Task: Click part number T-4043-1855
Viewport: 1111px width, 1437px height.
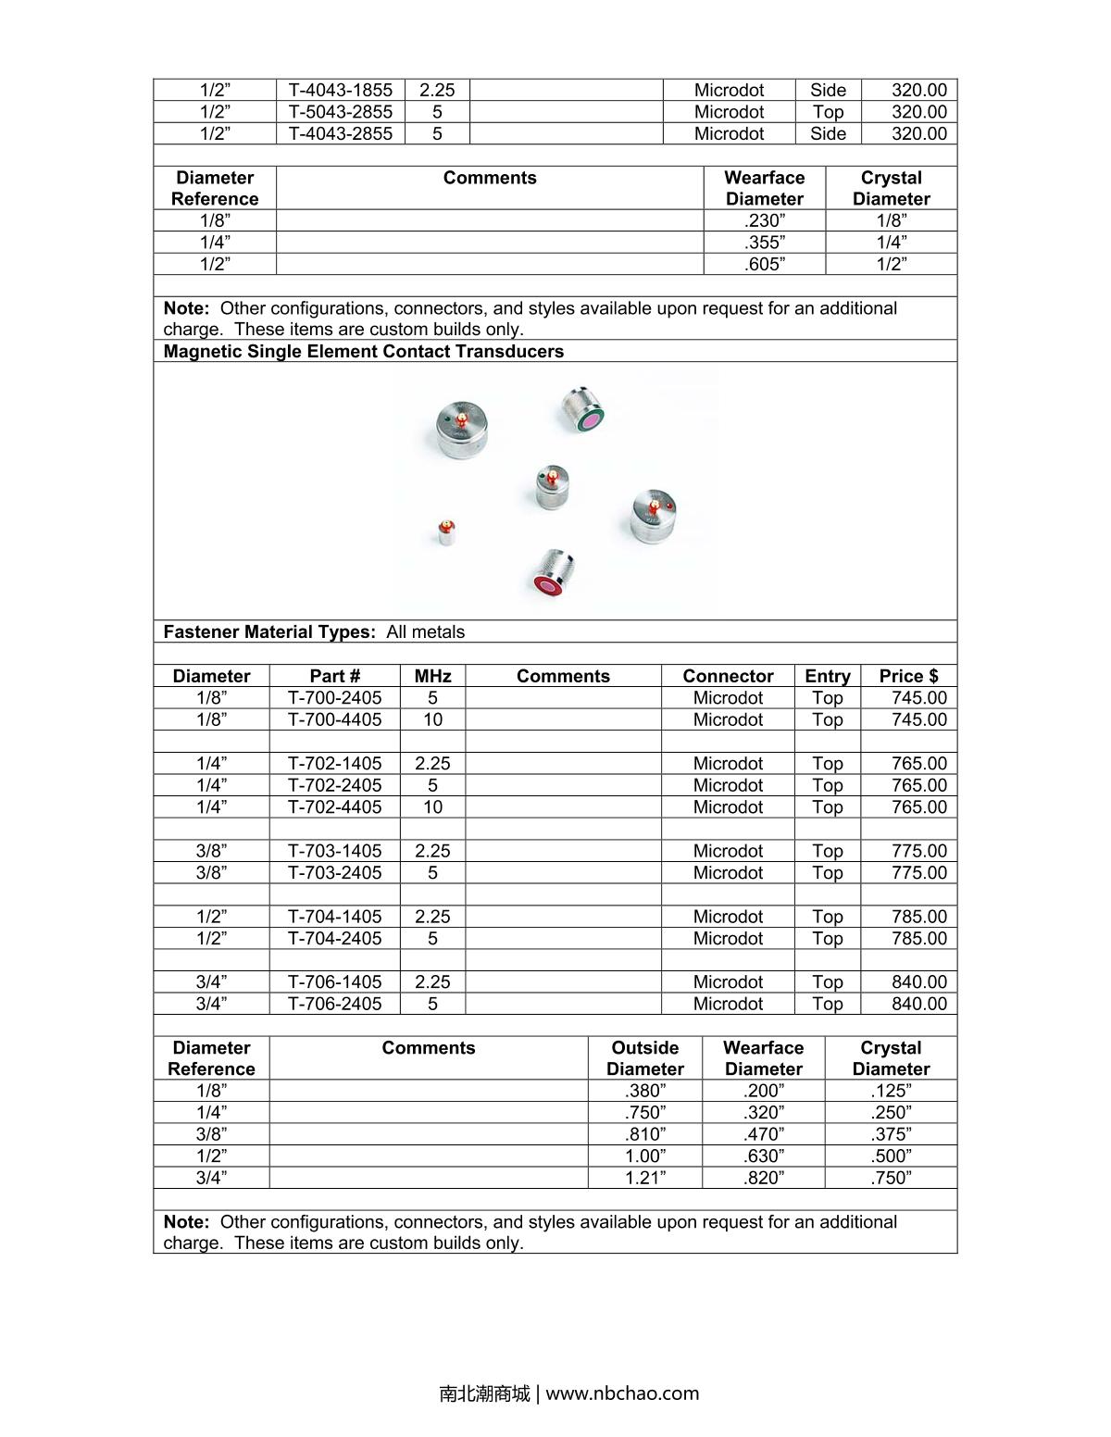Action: pos(341,90)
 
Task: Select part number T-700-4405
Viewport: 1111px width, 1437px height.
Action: pos(334,719)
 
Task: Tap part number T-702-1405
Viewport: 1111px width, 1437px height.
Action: pos(334,763)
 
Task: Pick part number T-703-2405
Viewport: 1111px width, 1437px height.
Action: pos(334,872)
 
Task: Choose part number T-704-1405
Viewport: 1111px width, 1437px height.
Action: pos(334,916)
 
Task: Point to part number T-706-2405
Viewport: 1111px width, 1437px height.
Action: pos(334,1004)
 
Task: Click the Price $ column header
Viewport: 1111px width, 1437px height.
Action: pos(908,676)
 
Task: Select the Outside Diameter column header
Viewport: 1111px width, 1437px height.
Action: pos(644,1057)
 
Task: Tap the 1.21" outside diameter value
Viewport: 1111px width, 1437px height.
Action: pos(644,1178)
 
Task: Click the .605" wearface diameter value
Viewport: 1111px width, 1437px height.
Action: pos(765,264)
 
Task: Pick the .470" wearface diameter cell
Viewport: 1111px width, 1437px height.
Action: pos(763,1134)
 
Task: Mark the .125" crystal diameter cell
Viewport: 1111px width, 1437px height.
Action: pos(891,1091)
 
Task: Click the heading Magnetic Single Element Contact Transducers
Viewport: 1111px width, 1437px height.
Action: pos(363,351)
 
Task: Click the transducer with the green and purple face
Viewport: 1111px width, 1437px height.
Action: pos(583,410)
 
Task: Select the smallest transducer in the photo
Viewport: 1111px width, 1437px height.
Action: pos(445,532)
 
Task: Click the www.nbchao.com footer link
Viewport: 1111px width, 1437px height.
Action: pos(622,1393)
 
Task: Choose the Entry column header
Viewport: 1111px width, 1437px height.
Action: pos(827,676)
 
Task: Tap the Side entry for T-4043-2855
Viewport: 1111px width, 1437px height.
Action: pos(828,133)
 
